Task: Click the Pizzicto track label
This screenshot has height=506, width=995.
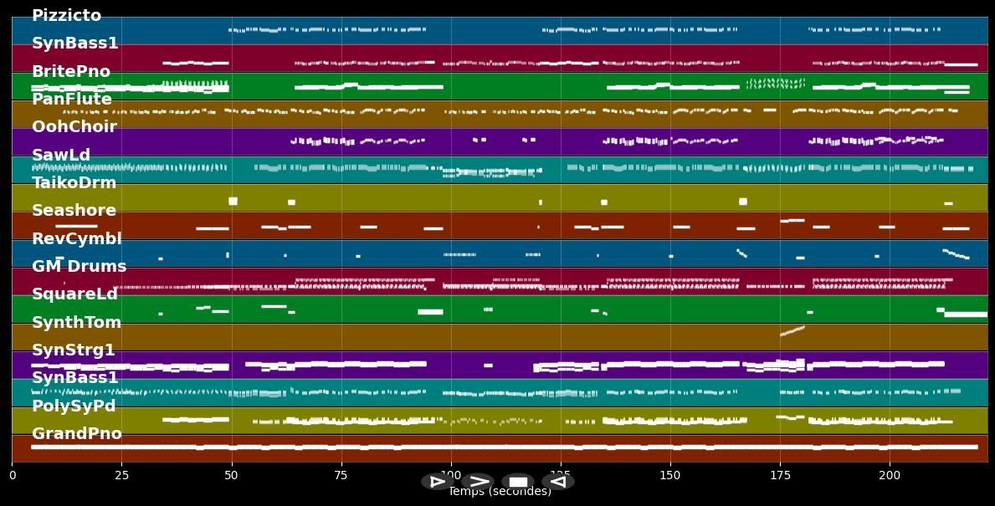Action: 66,16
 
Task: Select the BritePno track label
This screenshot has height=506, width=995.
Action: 71,72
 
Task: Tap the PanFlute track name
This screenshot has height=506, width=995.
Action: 72,100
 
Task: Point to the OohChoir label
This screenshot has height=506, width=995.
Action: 74,127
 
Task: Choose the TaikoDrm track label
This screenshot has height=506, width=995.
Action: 74,183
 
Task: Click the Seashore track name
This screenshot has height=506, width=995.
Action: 74,211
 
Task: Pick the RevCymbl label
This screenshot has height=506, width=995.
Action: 77,239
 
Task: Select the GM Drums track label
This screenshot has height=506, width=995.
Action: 79,267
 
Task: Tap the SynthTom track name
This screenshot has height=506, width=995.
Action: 77,323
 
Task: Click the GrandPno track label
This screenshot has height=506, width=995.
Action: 77,434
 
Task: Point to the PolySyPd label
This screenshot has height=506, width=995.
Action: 74,406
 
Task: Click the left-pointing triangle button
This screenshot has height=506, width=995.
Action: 557,481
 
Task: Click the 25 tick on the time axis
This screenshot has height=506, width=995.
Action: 121,475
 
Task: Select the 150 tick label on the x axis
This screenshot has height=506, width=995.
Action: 670,475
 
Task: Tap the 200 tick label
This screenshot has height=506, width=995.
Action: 890,475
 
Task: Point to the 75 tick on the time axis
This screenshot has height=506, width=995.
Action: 341,475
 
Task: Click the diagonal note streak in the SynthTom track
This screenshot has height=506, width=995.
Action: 792,331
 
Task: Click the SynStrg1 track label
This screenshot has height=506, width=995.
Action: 74,350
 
